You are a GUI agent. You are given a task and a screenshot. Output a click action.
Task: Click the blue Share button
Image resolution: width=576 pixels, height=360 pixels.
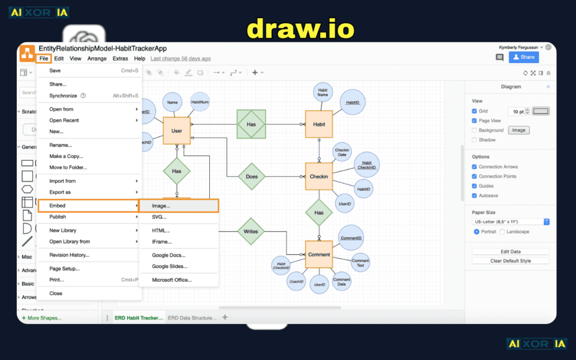(x=524, y=57)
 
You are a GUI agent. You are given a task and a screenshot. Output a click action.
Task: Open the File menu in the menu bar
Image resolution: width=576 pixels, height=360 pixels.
(x=44, y=58)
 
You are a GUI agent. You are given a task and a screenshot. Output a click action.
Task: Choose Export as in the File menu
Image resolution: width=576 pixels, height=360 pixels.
(x=60, y=192)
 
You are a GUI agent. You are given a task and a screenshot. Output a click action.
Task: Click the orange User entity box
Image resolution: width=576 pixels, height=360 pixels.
(x=177, y=130)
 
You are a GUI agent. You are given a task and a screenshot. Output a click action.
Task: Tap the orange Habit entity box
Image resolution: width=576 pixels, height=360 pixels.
(x=319, y=124)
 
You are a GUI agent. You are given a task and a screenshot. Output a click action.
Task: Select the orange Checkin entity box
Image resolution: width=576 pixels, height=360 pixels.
(x=319, y=177)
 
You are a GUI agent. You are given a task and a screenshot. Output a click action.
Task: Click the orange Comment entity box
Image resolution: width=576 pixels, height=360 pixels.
(x=319, y=254)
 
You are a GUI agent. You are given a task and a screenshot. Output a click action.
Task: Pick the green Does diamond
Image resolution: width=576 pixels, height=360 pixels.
(x=251, y=177)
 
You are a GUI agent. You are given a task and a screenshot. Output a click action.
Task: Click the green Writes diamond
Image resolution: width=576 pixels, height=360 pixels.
(x=250, y=231)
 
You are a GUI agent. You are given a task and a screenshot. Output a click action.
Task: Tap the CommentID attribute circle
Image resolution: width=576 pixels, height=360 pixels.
(x=351, y=238)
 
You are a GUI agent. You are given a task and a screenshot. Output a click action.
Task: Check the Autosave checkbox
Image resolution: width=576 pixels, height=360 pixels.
(x=474, y=196)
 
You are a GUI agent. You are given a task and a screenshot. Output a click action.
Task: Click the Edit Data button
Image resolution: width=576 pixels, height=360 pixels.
(x=510, y=251)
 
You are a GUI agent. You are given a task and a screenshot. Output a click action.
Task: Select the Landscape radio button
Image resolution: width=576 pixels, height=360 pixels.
(x=502, y=232)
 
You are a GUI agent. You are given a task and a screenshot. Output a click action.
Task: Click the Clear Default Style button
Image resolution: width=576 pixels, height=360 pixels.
(x=510, y=261)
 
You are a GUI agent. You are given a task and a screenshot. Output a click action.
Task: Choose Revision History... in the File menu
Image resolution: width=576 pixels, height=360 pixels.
(x=69, y=255)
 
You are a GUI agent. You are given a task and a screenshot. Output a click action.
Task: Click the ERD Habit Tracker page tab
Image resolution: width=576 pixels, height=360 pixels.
(x=138, y=318)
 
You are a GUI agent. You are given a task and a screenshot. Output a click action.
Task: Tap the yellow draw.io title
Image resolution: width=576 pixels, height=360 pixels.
(x=300, y=28)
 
